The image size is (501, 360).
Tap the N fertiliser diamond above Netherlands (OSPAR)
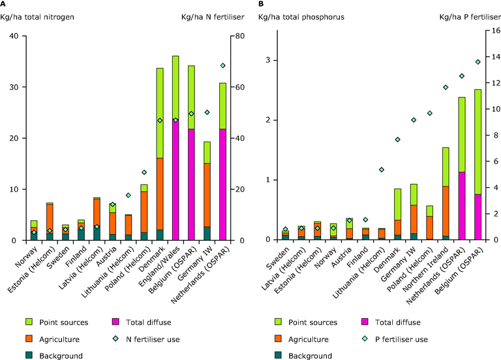222,65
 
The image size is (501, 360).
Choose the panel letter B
261,5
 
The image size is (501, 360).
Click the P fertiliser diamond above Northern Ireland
446,87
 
